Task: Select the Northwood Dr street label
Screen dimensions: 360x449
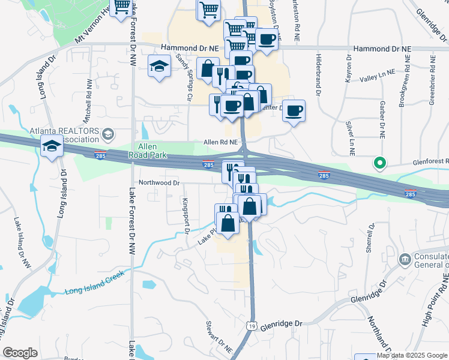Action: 159,182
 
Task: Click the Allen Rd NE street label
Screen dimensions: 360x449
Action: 221,142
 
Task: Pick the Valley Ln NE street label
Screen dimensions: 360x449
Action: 377,75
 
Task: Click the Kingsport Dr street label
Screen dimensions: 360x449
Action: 187,215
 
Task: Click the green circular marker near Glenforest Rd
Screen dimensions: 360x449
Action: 379,162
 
